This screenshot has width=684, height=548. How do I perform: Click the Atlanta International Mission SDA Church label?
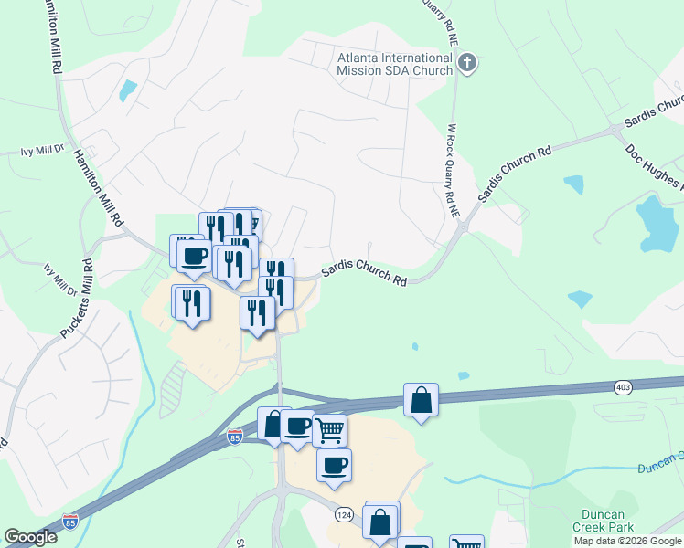coord(395,64)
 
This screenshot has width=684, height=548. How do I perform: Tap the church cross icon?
coord(467,64)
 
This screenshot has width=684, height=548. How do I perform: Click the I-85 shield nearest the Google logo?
coord(70,522)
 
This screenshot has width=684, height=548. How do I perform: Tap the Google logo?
coord(30,537)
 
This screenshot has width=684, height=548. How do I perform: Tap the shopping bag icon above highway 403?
coord(421,399)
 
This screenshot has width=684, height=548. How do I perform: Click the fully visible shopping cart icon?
coord(330,430)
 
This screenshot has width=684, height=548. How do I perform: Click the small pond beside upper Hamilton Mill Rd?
coord(127,90)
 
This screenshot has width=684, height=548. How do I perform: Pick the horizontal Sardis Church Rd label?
coord(364,276)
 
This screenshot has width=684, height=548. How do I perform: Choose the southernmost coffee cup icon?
coord(334,465)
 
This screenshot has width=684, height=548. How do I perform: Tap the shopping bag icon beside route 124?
coord(379,522)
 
